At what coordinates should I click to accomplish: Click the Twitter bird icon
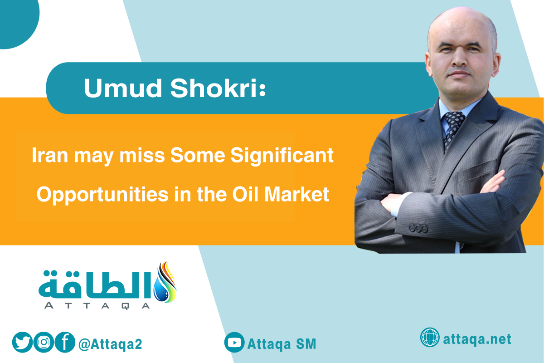(22, 342)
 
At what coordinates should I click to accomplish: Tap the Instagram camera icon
(44, 342)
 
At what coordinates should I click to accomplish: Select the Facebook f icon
(65, 342)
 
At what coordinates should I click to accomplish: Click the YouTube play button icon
(234, 342)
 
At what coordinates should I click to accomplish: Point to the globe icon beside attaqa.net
(430, 337)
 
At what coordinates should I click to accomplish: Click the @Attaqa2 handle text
(110, 344)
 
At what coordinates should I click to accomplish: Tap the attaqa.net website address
(477, 339)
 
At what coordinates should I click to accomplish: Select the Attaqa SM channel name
(282, 344)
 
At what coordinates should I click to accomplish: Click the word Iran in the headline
(50, 155)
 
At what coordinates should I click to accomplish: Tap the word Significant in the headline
(282, 156)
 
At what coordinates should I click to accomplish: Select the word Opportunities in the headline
(102, 195)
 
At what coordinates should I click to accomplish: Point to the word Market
(296, 194)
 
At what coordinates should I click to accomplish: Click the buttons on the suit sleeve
(418, 228)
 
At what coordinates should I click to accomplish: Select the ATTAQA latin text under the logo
(97, 305)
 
